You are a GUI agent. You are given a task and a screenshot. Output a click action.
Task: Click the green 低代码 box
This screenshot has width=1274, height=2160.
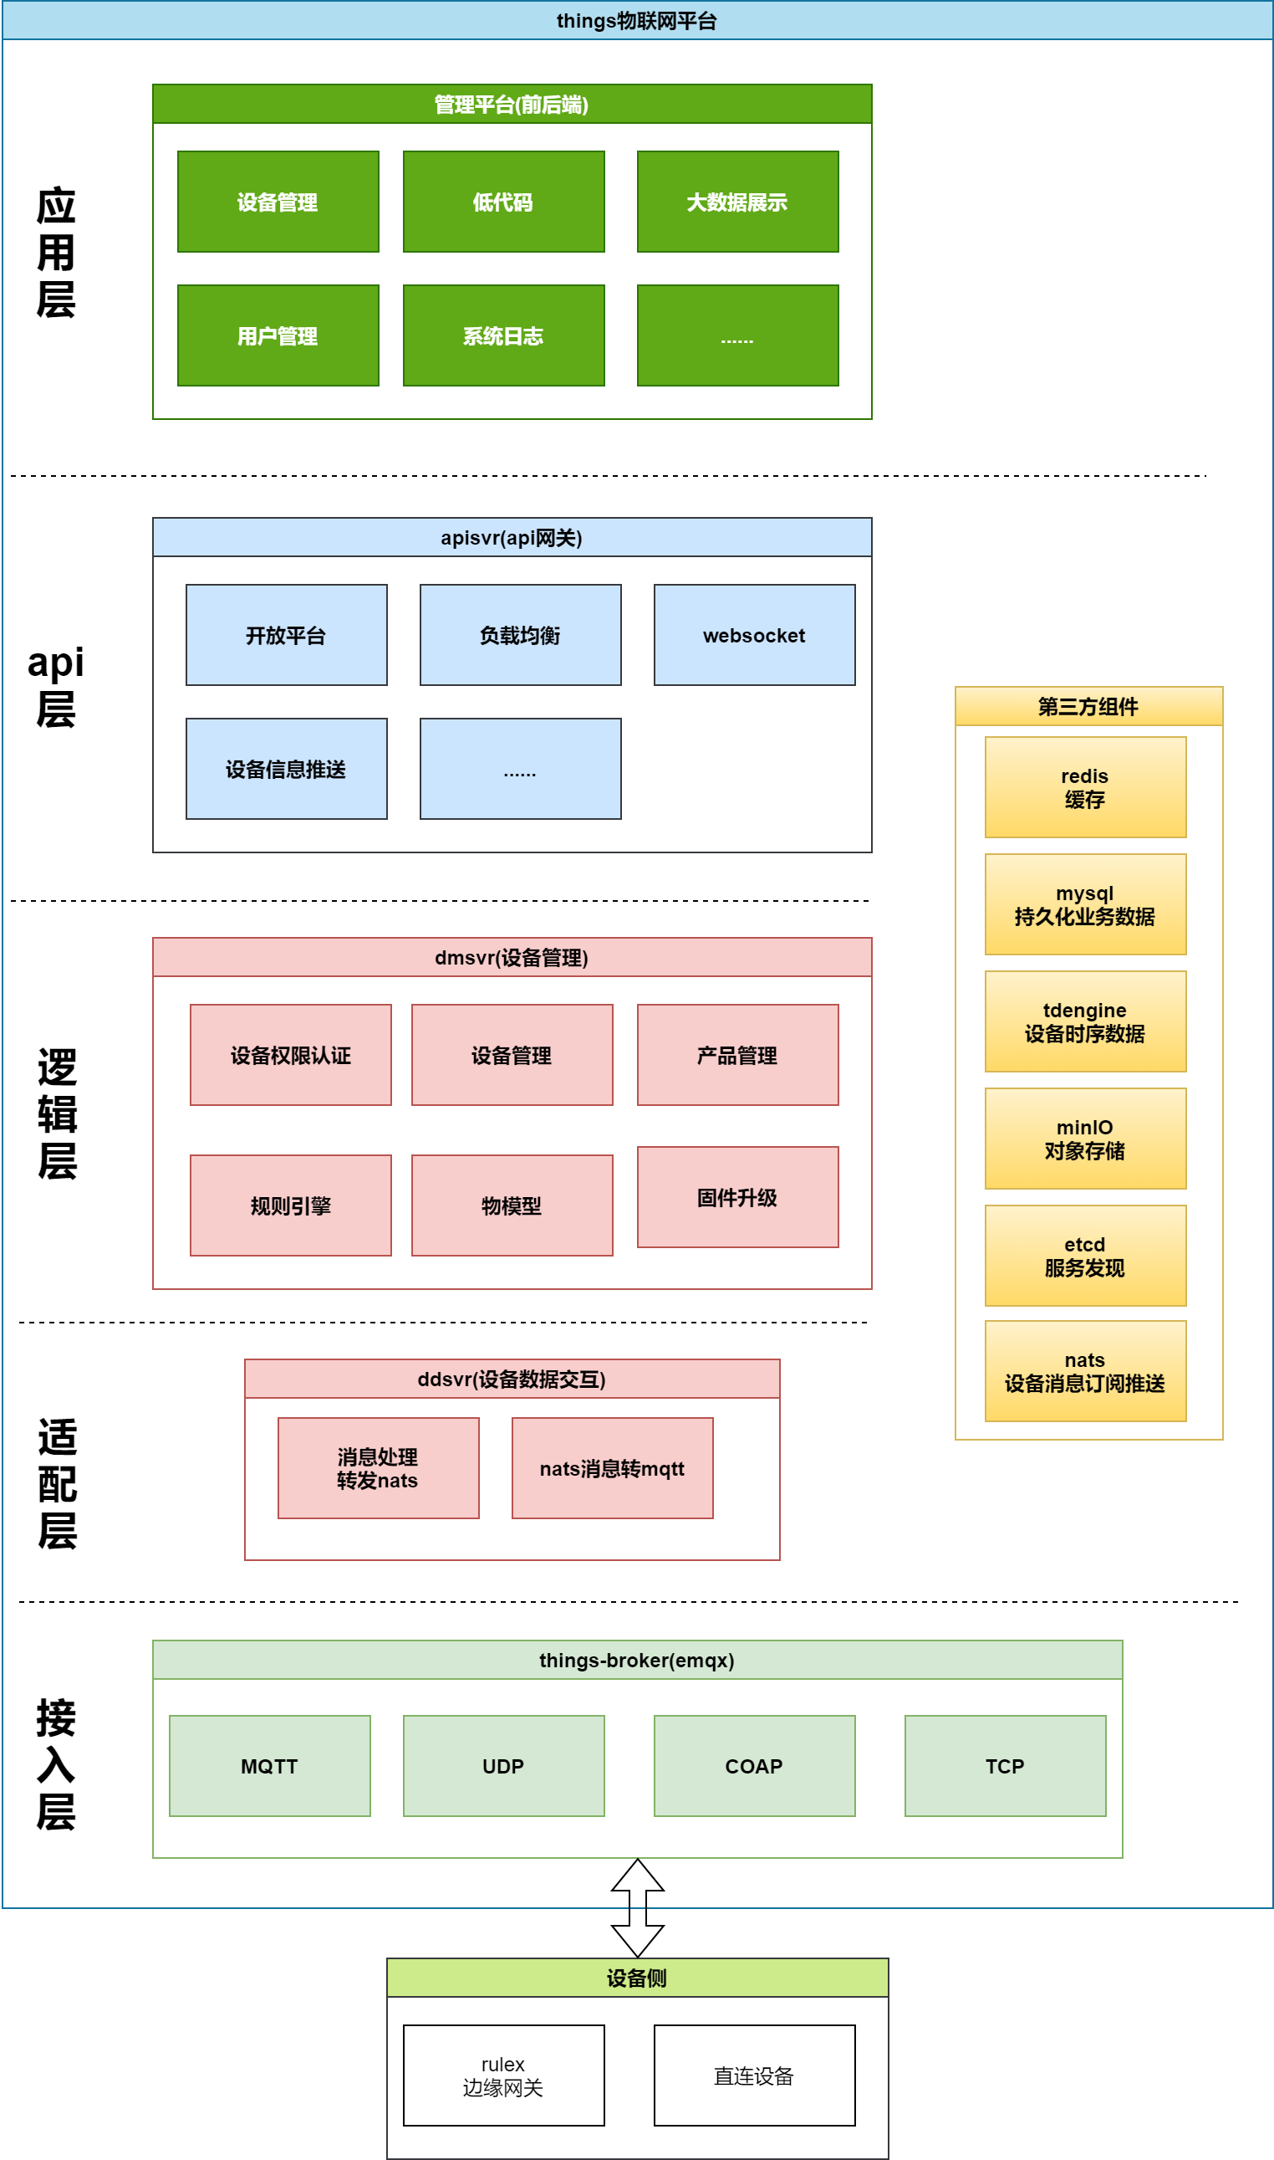503,202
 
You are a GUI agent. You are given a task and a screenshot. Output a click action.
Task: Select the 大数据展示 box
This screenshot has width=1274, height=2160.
737,202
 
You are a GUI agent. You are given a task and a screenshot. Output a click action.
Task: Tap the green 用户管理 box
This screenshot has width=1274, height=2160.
278,335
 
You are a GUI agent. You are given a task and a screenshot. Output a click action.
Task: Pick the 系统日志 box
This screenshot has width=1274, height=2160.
503,335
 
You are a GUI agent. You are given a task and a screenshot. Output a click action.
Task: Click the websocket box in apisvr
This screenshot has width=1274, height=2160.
754,636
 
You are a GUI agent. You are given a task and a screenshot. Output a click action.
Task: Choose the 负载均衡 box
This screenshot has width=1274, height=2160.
520,636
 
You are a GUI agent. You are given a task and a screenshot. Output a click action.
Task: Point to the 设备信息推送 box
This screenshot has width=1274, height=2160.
286,770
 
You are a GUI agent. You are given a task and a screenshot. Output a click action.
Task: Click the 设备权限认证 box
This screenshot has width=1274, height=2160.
290,1056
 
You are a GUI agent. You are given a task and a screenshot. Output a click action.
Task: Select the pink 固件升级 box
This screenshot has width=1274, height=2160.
737,1197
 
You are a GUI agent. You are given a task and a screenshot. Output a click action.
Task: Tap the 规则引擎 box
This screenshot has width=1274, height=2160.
290,1205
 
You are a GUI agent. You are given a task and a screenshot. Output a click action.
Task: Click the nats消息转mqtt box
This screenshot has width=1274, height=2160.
612,1469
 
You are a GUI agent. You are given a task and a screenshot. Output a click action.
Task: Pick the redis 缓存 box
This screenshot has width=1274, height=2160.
1085,787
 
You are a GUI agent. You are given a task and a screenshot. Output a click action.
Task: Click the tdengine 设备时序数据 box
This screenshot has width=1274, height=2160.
1085,1022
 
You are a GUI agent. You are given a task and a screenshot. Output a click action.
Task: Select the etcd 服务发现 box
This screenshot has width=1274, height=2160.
1085,1257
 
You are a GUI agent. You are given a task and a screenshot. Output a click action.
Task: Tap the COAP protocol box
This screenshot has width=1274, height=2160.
754,1767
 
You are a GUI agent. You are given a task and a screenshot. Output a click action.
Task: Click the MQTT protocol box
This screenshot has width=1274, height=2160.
269,1767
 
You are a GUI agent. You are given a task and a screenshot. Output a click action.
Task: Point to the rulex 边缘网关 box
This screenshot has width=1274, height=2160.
503,2076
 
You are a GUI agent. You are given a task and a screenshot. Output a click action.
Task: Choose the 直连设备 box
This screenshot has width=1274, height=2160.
754,2076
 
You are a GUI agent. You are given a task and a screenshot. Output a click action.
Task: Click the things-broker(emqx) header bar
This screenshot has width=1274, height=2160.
637,1660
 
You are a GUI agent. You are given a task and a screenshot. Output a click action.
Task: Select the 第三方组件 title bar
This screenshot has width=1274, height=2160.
1088,707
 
